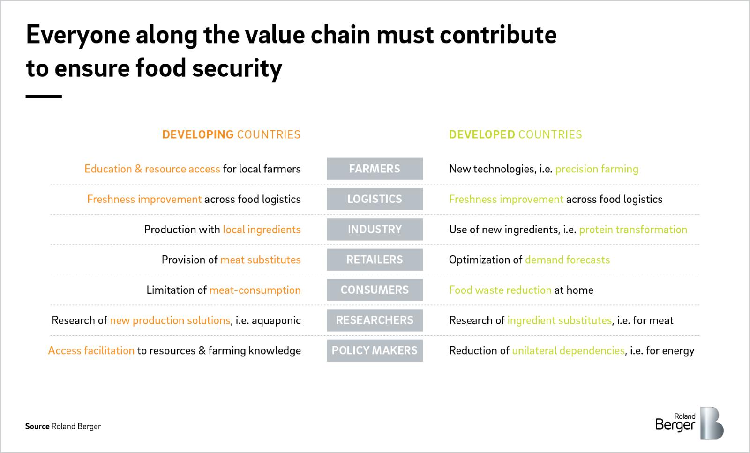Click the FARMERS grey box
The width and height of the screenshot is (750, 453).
coord(375,169)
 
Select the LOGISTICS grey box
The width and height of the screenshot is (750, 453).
coord(375,199)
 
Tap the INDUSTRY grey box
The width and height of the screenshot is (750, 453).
coord(375,229)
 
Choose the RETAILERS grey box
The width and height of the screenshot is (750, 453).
coord(375,260)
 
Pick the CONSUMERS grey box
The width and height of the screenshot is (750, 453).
coord(375,290)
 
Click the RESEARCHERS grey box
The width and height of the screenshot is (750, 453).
coord(375,320)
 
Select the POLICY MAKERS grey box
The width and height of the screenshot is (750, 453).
coord(375,350)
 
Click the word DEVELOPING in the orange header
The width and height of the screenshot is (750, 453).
coord(198,134)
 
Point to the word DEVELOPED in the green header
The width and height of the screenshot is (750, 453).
coord(482,134)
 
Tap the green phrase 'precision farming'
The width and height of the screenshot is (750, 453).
coord(597,169)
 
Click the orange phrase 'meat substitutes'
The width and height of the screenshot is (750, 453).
coord(261,260)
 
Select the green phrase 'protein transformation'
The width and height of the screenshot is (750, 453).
coord(633,230)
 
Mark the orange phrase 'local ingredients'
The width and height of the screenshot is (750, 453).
coord(262,230)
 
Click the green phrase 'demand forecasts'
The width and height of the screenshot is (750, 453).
coord(568,260)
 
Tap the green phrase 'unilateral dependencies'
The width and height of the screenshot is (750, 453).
coord(568,350)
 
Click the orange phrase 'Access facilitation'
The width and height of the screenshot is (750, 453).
coord(91,350)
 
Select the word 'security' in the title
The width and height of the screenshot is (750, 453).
coord(237,68)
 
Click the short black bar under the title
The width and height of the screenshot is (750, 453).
coord(44,97)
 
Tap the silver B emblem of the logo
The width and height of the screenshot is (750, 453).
coord(712,423)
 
